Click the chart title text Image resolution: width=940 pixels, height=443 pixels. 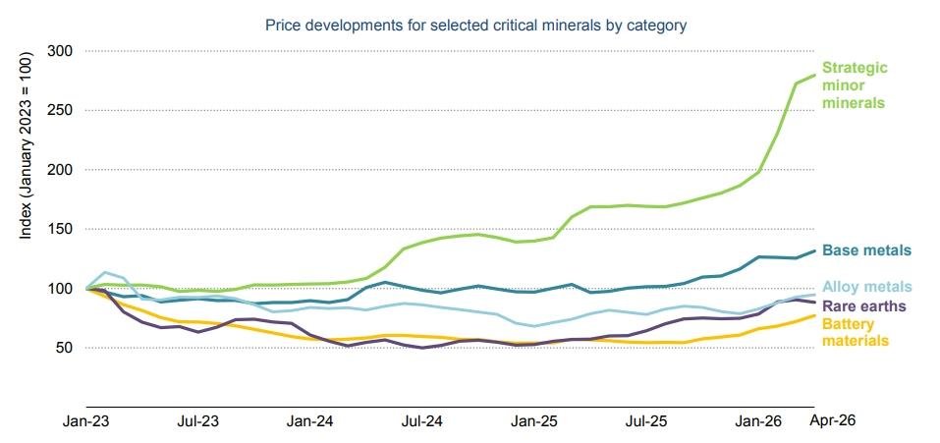(x=475, y=26)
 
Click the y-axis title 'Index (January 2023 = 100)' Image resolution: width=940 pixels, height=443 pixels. (x=26, y=142)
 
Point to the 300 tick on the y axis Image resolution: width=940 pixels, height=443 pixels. (x=60, y=51)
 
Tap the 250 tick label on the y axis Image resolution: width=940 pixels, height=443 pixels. (x=60, y=110)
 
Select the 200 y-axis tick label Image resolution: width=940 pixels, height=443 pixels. (x=60, y=170)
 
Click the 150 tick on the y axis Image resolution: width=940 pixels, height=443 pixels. (x=60, y=229)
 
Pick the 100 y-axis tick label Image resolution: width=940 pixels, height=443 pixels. (x=60, y=289)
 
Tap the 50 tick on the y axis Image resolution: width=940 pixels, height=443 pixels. (x=64, y=348)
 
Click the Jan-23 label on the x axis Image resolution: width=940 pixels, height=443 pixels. (x=84, y=421)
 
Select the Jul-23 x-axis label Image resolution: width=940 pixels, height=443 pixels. (x=197, y=421)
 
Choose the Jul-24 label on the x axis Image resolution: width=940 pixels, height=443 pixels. (x=422, y=421)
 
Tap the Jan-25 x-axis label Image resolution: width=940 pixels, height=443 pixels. (x=534, y=421)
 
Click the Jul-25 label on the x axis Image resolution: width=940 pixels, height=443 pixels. (x=647, y=421)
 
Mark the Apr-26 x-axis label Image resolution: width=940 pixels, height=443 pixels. (x=833, y=420)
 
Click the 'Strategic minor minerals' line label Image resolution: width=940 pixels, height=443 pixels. (x=855, y=84)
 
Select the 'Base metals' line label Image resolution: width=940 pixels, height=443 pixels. (x=867, y=249)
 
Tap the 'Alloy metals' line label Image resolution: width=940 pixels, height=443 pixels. (x=867, y=287)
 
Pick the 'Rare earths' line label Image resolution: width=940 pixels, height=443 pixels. (x=863, y=305)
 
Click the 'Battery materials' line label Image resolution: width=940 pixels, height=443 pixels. (x=855, y=333)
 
